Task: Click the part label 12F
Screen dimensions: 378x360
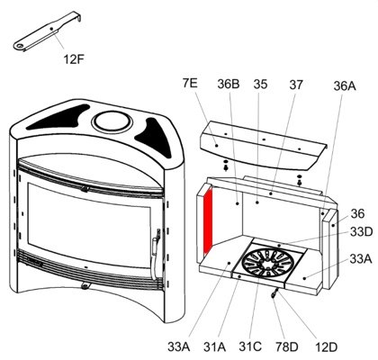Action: [x=74, y=59]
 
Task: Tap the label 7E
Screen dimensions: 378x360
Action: [x=190, y=83]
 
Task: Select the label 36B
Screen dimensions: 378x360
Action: [x=229, y=85]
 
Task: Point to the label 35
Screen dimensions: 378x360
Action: [x=260, y=85]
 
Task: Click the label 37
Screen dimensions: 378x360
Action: [x=296, y=85]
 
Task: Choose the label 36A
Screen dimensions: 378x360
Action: [x=345, y=86]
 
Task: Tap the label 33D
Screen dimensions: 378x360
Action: [x=361, y=231]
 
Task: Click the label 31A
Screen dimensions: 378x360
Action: [x=215, y=346]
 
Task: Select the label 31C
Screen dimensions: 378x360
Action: [x=250, y=346]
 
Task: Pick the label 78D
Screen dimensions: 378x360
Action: [x=287, y=347]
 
